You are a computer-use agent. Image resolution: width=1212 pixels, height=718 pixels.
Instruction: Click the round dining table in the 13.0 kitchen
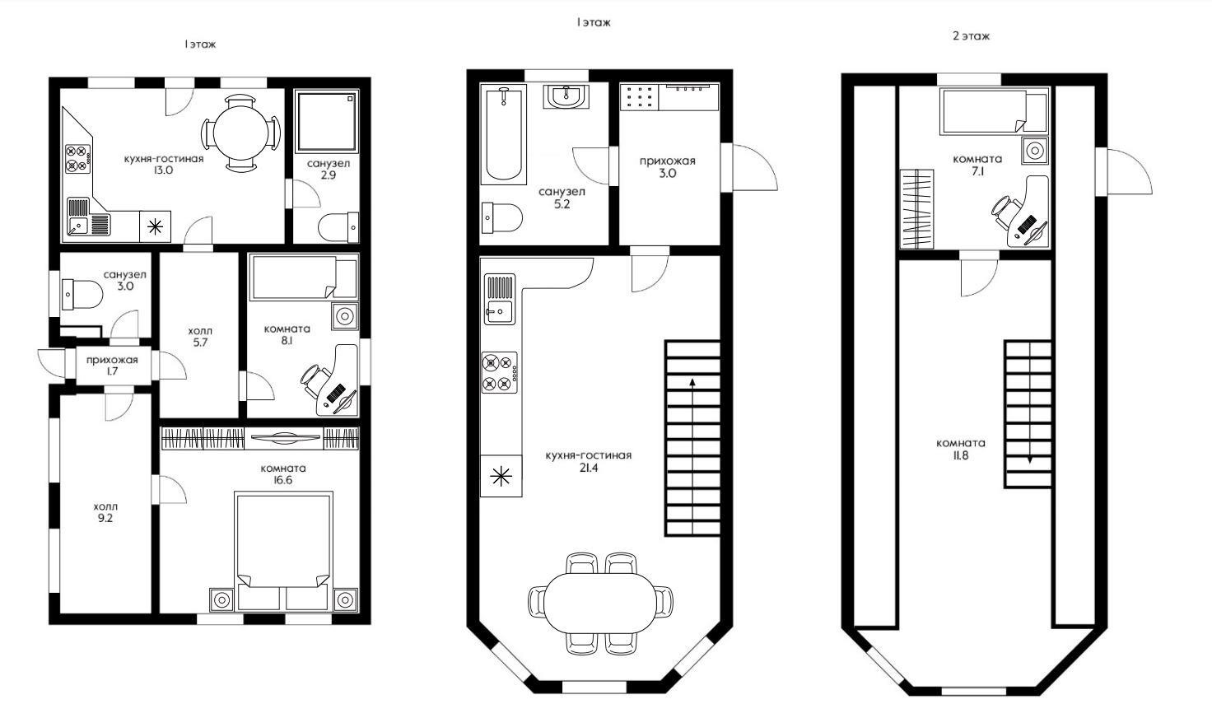(x=240, y=133)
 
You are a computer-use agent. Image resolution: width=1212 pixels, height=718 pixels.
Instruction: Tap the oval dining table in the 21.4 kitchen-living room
(x=600, y=602)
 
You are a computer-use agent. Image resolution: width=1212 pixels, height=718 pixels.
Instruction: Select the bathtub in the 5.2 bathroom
(x=504, y=135)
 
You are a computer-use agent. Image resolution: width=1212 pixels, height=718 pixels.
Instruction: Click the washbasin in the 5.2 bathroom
(x=566, y=96)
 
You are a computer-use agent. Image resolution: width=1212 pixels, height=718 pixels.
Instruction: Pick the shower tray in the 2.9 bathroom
(x=327, y=121)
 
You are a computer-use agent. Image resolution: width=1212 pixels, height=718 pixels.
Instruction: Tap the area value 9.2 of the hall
(x=105, y=519)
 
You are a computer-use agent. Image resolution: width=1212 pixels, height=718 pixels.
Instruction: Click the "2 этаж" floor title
(x=972, y=36)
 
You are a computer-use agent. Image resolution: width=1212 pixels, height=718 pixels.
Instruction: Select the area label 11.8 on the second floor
(x=961, y=455)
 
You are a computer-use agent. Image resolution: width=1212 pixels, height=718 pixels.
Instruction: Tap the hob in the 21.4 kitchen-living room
(x=500, y=372)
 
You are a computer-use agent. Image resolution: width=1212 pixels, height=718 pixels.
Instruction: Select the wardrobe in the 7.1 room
(x=917, y=209)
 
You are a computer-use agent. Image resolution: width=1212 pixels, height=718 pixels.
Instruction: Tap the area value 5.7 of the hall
(x=200, y=343)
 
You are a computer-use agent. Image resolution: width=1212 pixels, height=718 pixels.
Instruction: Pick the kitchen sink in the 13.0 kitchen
(x=79, y=225)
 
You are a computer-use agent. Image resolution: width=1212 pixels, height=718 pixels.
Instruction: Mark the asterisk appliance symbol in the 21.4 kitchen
(x=501, y=476)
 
